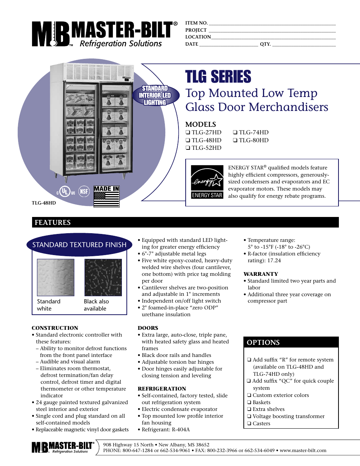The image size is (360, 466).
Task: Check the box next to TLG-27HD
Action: point(188,132)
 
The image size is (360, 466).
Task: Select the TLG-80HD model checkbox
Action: point(235,140)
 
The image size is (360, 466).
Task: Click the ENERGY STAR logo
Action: point(207,182)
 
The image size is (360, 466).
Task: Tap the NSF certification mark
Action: point(84,191)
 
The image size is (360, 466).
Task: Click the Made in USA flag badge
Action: point(106,196)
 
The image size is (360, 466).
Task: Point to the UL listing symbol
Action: point(66,191)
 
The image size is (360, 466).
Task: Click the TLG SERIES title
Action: point(218,77)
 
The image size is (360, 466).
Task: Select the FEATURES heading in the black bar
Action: point(52,223)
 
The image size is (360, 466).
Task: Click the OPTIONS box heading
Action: point(263,343)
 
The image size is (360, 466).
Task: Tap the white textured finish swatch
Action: point(56,277)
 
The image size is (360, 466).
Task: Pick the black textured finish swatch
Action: point(103,277)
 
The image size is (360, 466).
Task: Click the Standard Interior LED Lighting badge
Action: point(155,95)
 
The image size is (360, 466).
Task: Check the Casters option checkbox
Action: point(249,424)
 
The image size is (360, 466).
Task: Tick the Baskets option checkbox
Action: point(249,403)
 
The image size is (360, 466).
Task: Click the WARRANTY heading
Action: point(261,274)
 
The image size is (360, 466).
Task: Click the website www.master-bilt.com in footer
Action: point(303,451)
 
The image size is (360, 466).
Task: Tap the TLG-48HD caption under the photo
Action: point(44,203)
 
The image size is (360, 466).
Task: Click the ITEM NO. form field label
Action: point(196,23)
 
